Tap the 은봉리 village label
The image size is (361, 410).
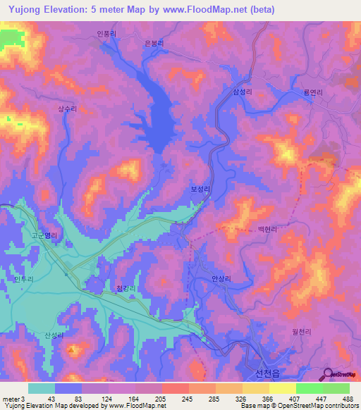(x=154, y=42)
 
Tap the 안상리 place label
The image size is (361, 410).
(x=221, y=278)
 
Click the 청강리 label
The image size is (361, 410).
(x=125, y=289)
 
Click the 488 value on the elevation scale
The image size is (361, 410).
(x=348, y=398)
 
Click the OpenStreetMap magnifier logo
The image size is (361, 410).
(x=326, y=375)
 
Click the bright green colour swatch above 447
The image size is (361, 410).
(x=309, y=388)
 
